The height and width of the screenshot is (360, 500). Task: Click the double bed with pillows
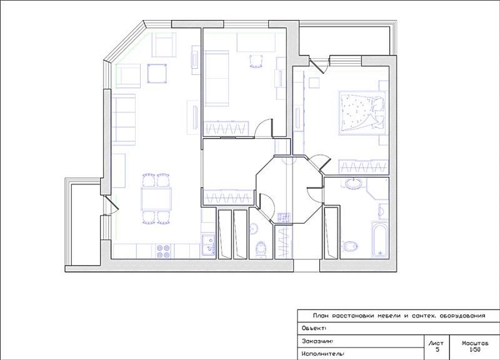click(362, 113)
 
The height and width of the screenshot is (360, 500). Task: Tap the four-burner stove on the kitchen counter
click(162, 251)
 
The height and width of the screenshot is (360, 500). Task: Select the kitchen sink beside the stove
click(208, 245)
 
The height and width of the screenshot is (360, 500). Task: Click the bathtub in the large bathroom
click(380, 239)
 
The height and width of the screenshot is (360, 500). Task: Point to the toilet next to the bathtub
click(350, 246)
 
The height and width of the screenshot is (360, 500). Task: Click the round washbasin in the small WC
click(254, 228)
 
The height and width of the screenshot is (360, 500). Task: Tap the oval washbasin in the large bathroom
click(353, 184)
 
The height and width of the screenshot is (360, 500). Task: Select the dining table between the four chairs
click(156, 199)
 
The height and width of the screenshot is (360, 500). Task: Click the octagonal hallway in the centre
click(289, 190)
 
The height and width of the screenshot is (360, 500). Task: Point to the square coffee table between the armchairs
click(157, 73)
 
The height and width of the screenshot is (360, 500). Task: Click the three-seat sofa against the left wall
click(124, 119)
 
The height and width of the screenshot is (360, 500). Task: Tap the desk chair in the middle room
click(256, 61)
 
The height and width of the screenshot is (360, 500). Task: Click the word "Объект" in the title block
click(313, 328)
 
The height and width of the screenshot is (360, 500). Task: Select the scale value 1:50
click(475, 349)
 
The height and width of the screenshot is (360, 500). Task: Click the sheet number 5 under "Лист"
click(437, 349)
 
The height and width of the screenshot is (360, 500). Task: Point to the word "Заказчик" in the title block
click(317, 341)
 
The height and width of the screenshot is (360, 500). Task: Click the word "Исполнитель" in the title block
click(322, 354)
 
